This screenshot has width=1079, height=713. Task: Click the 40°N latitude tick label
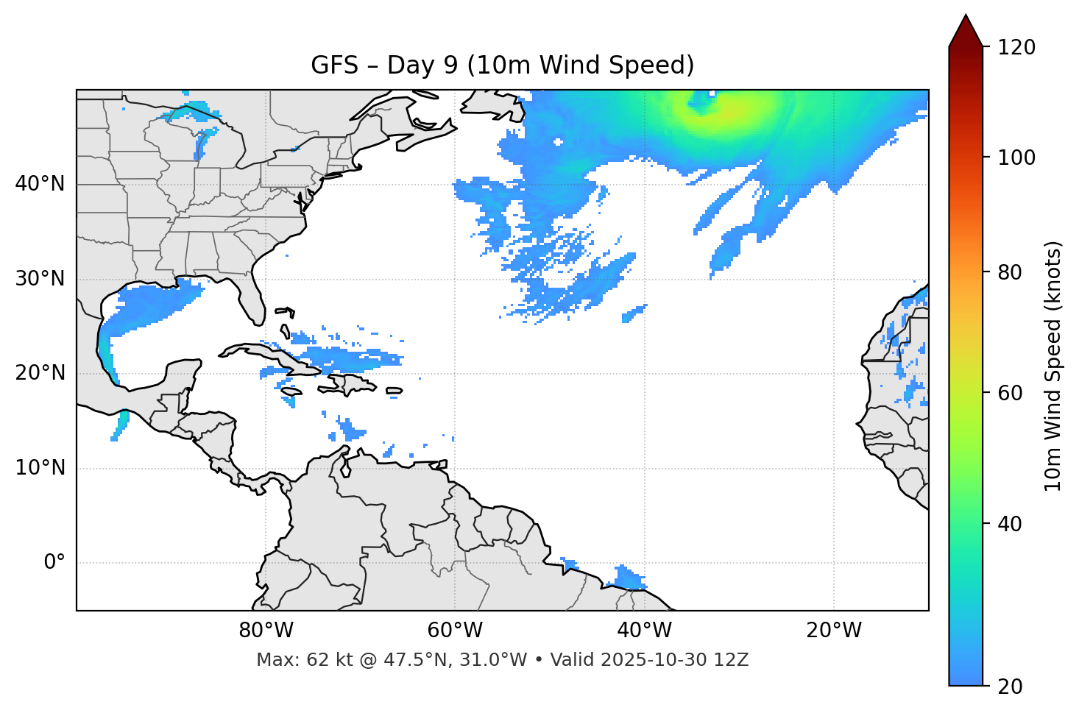tap(40, 184)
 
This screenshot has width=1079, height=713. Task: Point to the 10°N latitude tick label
tap(40, 468)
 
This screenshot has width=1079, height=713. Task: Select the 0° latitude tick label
tap(54, 563)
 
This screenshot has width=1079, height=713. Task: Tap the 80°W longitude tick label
tap(266, 631)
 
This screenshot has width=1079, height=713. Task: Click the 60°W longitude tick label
tap(455, 631)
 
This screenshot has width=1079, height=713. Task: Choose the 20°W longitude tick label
tap(834, 631)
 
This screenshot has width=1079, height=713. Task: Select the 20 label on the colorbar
tap(1010, 687)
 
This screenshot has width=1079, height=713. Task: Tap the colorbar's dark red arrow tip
tap(966, 28)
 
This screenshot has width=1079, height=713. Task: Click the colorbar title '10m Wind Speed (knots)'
tap(1053, 366)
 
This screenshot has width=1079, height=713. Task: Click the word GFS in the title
tap(333, 65)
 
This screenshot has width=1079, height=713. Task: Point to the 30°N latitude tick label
tap(40, 279)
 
